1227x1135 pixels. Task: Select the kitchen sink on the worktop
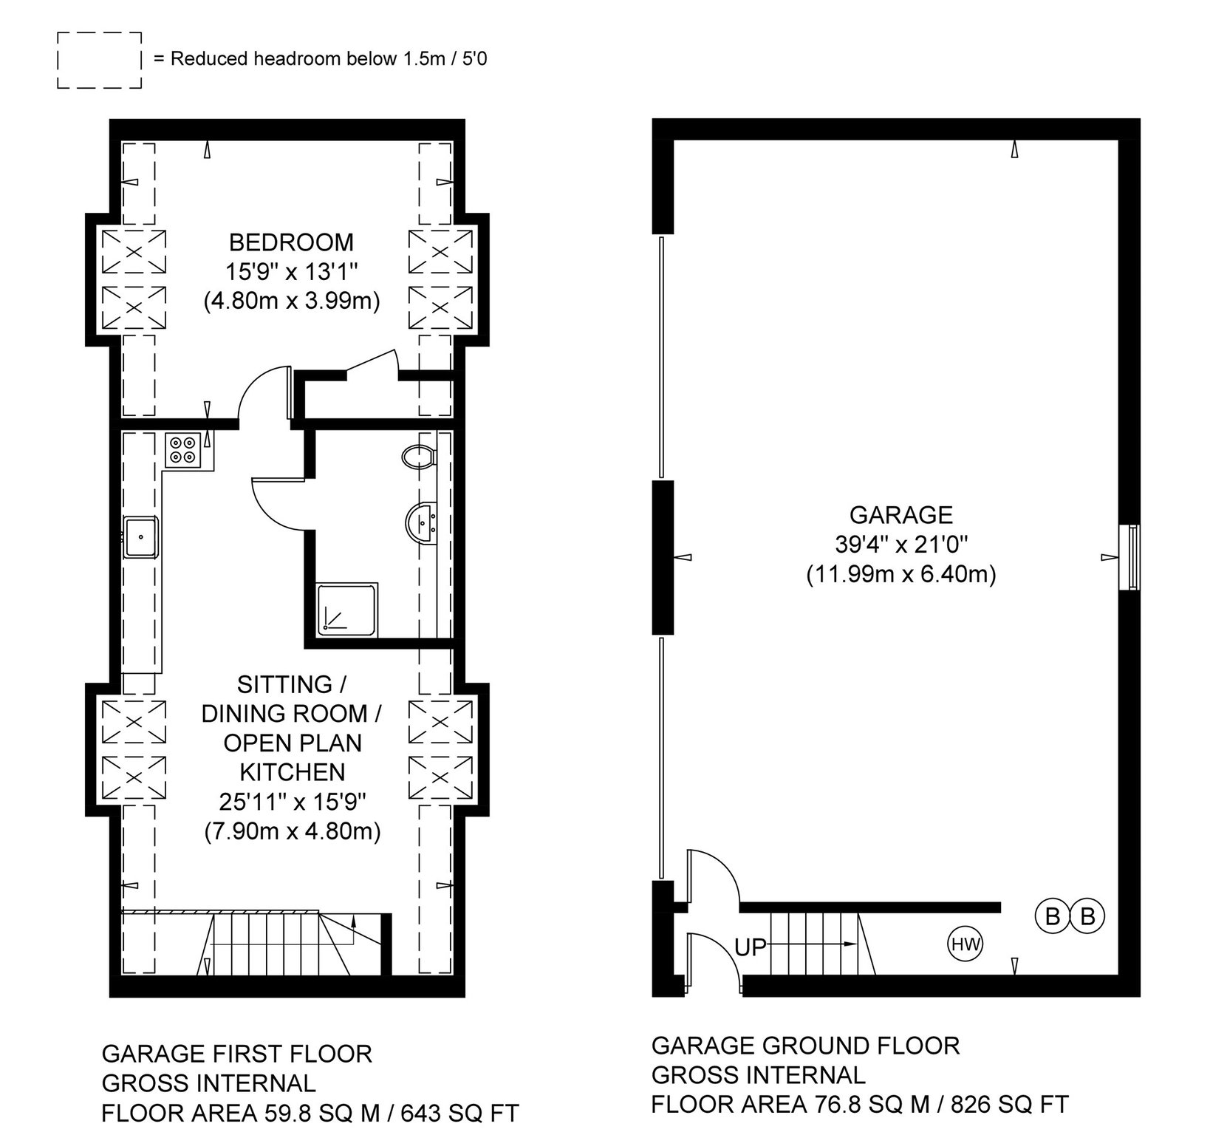[x=140, y=536]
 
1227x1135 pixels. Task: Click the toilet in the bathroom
[x=419, y=455]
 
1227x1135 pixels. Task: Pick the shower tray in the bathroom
[x=348, y=608]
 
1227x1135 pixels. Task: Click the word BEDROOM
[x=291, y=242]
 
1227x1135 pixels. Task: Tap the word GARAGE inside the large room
[x=900, y=514]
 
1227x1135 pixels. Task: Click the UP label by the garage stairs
[x=751, y=947]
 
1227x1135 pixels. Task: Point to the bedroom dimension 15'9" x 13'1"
[x=291, y=272]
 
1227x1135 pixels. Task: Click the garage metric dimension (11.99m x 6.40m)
[x=900, y=573]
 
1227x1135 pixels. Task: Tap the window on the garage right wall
[x=1129, y=557]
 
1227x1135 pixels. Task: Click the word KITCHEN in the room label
[x=293, y=772]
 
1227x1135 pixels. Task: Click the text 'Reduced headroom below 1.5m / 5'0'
[x=329, y=59]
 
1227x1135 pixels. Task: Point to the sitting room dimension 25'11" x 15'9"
[x=293, y=802]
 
